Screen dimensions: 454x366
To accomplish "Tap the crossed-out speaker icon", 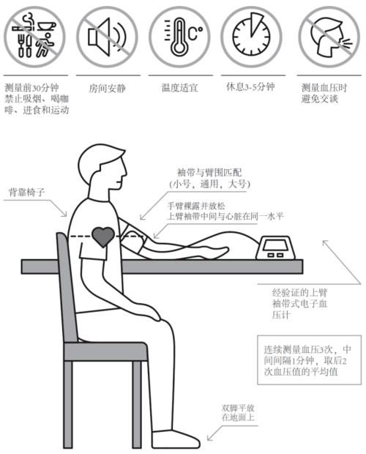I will pyautogui.click(x=106, y=35).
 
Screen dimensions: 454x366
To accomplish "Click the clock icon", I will pyautogui.click(x=250, y=35).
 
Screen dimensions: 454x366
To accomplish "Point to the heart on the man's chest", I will pyautogui.click(x=102, y=236).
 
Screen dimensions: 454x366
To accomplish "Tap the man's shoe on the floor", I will pyautogui.click(x=176, y=437).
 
